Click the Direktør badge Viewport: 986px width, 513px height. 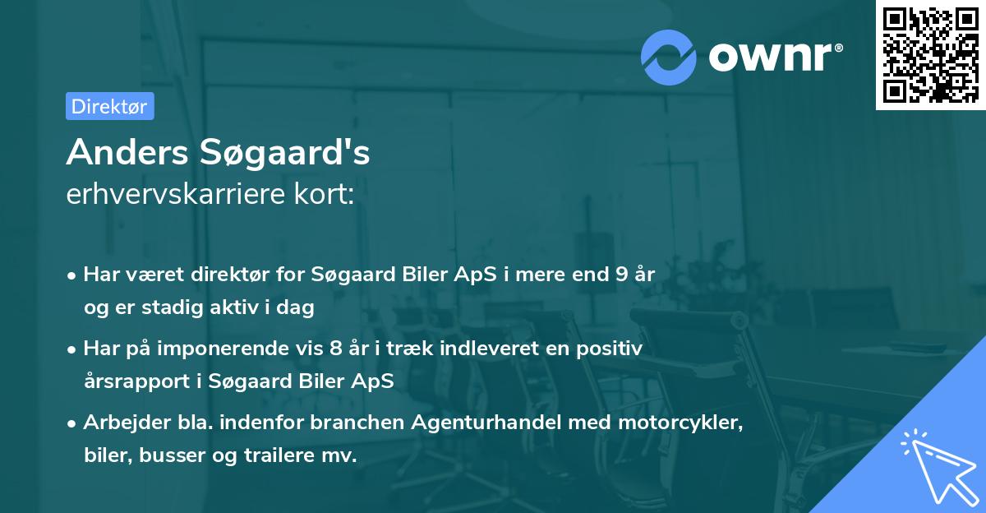tap(109, 106)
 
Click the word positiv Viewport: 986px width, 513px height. tap(613, 349)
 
